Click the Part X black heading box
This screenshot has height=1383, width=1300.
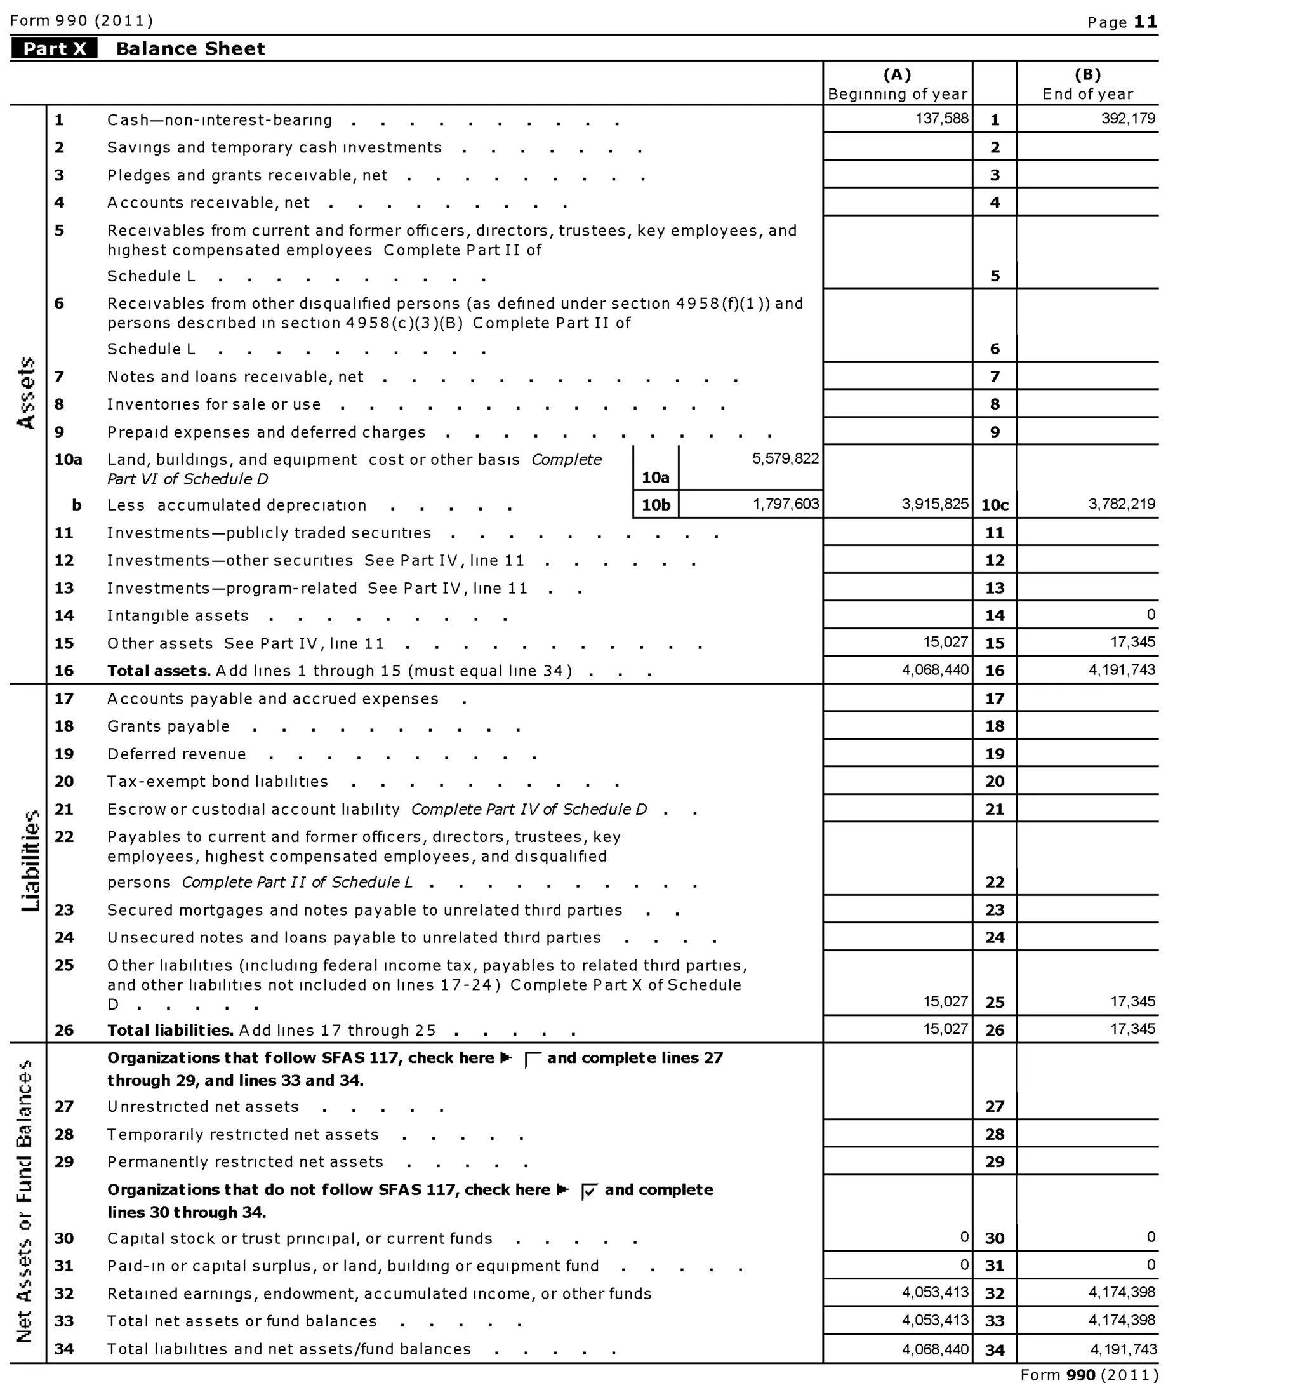[54, 49]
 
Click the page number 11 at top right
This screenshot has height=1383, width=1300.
[1146, 22]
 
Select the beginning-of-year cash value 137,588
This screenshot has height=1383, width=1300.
[942, 119]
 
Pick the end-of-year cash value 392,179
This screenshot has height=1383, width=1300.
[1128, 119]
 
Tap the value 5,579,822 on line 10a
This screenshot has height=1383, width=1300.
[785, 458]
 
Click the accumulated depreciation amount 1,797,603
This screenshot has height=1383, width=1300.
[785, 504]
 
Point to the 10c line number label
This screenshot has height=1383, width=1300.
[995, 505]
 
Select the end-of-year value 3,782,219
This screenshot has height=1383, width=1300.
[1121, 504]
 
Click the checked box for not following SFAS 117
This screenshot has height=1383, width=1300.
[589, 1191]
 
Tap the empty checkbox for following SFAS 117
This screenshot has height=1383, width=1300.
[532, 1060]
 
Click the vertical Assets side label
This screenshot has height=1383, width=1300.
[27, 393]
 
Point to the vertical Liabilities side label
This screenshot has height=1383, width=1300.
[30, 860]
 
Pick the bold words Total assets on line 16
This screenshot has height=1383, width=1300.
[159, 671]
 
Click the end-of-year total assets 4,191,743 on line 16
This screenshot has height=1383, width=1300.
[1121, 670]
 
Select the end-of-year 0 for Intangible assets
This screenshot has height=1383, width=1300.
[1151, 614]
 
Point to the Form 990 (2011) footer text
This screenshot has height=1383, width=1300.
[1089, 1375]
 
